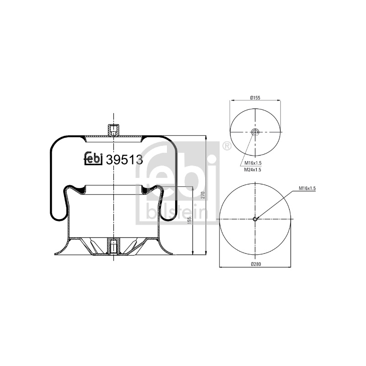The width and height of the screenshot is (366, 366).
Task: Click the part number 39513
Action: pyautogui.click(x=124, y=160)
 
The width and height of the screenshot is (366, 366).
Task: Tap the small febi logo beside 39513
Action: pyautogui.click(x=93, y=158)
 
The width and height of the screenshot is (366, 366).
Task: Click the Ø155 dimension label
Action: pyautogui.click(x=255, y=98)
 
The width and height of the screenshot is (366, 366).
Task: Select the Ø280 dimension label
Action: pyautogui.click(x=256, y=264)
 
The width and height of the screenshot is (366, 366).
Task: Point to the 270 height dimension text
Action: pyautogui.click(x=203, y=195)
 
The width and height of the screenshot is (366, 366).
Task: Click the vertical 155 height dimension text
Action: pyautogui.click(x=189, y=221)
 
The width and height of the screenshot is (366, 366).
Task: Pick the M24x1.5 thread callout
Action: pyautogui.click(x=253, y=170)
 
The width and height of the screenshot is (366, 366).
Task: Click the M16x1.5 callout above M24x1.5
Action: pyautogui.click(x=253, y=163)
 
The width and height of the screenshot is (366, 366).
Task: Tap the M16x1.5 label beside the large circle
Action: pyautogui.click(x=307, y=188)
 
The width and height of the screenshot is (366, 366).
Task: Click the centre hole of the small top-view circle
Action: pyautogui.click(x=255, y=132)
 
